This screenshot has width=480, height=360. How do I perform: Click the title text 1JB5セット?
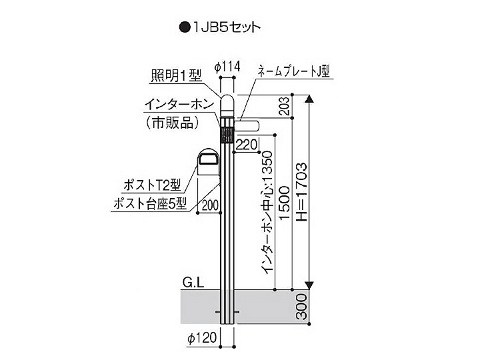[x=227, y=27]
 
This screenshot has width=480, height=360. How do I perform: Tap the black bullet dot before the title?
[x=184, y=27]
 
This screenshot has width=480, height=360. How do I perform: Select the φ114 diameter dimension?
[x=227, y=67]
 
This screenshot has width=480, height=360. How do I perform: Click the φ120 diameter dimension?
[x=203, y=338]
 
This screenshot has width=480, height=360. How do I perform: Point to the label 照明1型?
[x=177, y=75]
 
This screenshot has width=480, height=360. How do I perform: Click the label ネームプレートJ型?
[x=294, y=71]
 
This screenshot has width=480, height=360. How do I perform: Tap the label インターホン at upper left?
[x=179, y=105]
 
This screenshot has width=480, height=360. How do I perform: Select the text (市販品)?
[x=172, y=123]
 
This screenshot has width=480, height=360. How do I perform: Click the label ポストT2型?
[x=153, y=185]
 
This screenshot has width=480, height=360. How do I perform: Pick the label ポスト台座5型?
[x=150, y=203]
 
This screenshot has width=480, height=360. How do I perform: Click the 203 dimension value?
[x=284, y=106]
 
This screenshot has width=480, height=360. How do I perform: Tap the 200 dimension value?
[x=210, y=205]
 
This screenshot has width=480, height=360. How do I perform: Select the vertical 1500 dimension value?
[x=284, y=203]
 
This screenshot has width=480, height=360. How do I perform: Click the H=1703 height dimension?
[x=301, y=192]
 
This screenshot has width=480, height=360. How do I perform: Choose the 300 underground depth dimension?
[x=302, y=307]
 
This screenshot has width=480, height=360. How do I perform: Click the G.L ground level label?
[x=193, y=283]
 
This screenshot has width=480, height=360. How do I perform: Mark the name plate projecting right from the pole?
[x=247, y=125]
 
